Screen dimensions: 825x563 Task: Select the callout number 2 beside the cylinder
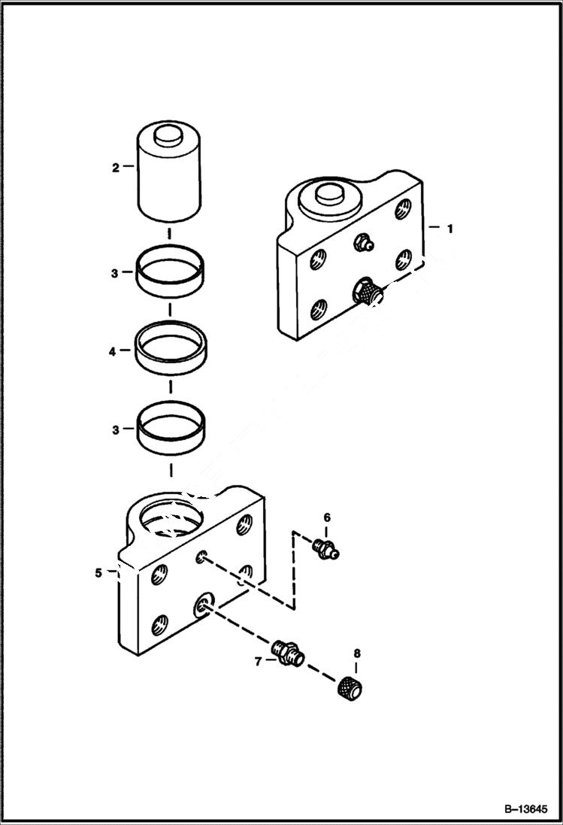pos(115,168)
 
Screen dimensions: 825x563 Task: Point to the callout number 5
pos(98,573)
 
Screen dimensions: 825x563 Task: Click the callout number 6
pos(327,517)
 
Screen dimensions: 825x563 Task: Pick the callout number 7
pos(258,661)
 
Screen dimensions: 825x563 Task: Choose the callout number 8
pos(356,654)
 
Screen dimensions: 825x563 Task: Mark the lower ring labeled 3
pos(171,429)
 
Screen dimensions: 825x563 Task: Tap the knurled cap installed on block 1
pos(368,290)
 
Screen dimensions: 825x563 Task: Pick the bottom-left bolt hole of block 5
pos(159,623)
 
